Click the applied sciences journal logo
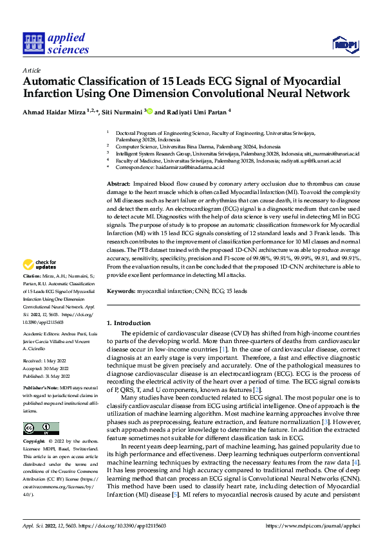pos(55,43)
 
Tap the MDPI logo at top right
pos(344,44)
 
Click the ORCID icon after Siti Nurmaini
pos(151,111)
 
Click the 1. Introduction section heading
pos(128,323)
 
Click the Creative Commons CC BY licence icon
pos(41,429)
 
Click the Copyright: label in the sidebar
pos(34,442)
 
